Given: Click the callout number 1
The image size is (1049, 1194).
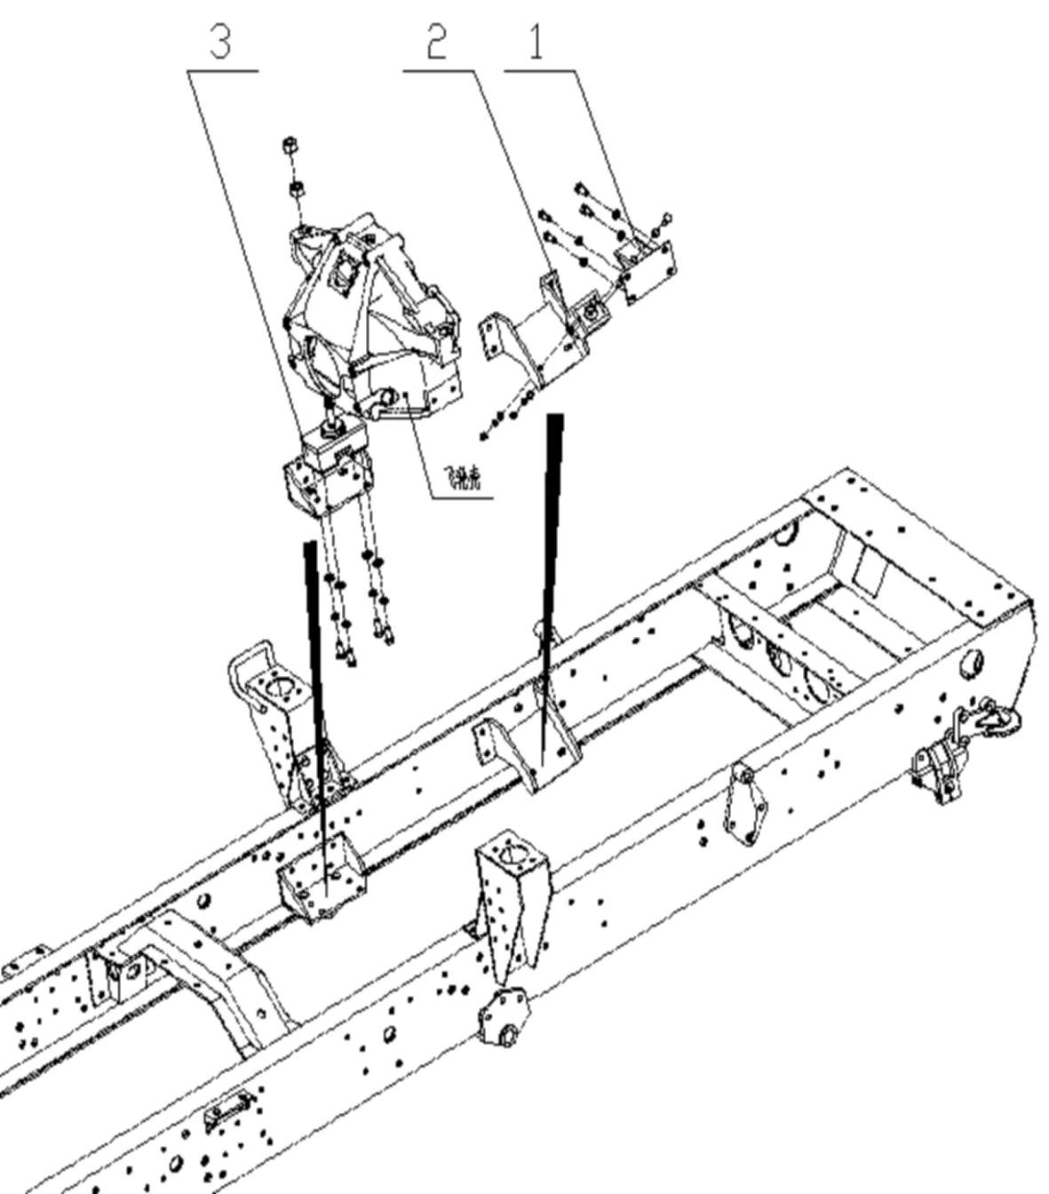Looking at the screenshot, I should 536,42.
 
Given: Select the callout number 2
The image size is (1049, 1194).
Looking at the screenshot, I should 435,42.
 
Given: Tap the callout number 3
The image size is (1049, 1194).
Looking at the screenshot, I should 220,42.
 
